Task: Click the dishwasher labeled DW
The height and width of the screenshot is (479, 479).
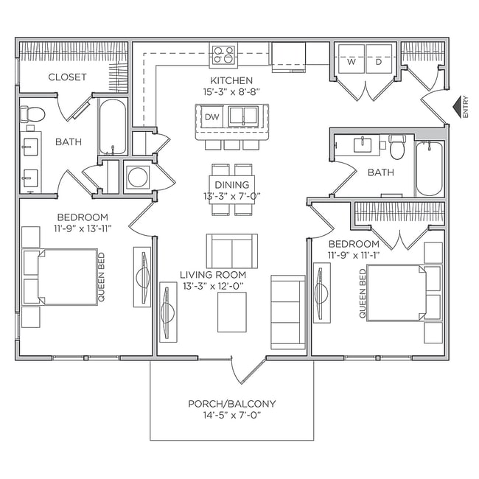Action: coord(211,116)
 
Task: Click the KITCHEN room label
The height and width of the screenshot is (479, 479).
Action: coord(232,80)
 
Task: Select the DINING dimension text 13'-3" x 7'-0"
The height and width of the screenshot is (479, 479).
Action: coord(232,196)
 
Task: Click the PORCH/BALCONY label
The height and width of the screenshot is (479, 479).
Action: coord(232,403)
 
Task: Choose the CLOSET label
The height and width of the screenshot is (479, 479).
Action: coord(67,77)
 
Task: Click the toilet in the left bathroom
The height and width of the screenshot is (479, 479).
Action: coord(32,114)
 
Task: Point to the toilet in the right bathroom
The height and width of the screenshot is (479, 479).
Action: coord(396,148)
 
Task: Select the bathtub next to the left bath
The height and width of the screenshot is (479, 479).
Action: coord(112,127)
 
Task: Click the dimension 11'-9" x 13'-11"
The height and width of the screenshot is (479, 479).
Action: coord(83,229)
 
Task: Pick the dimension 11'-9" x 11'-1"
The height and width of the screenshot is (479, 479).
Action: coord(354,256)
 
